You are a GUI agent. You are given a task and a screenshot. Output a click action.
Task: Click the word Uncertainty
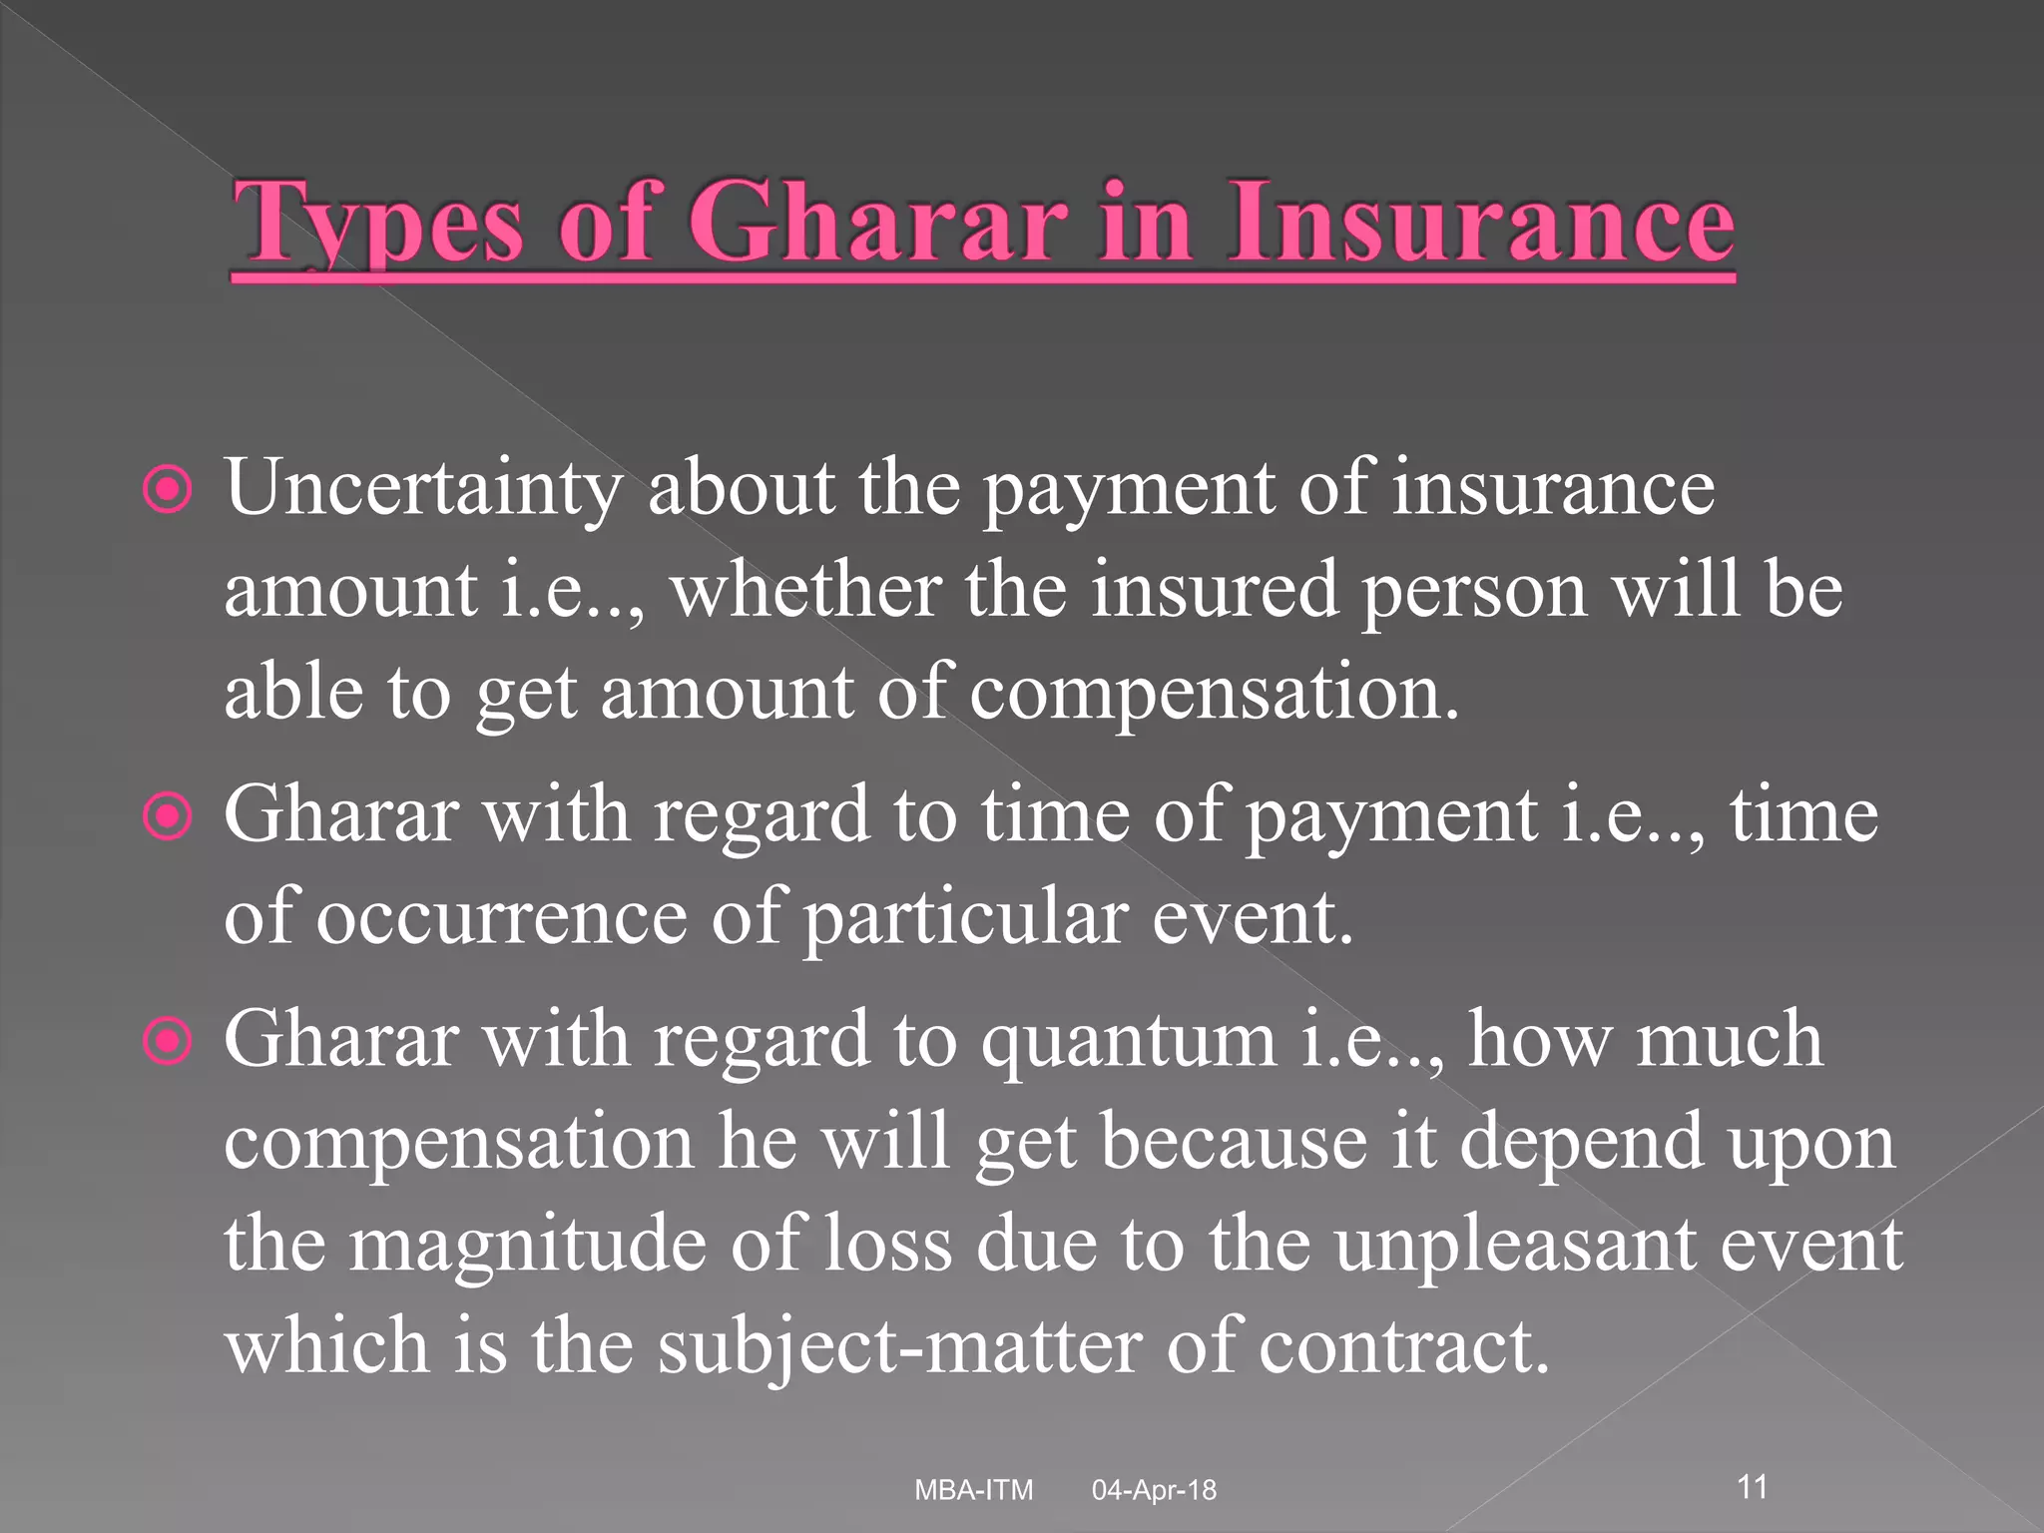click(423, 489)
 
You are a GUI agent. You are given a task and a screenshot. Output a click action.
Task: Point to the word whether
click(805, 590)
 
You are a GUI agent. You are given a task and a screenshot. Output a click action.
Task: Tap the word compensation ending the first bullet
click(1213, 692)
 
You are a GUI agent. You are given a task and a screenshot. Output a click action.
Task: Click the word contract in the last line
click(1403, 1346)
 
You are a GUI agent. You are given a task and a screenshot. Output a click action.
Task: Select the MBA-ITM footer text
click(974, 1490)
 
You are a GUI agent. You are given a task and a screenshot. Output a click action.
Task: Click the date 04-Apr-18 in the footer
click(1154, 1490)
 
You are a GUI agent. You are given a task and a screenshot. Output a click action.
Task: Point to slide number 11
click(1753, 1486)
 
